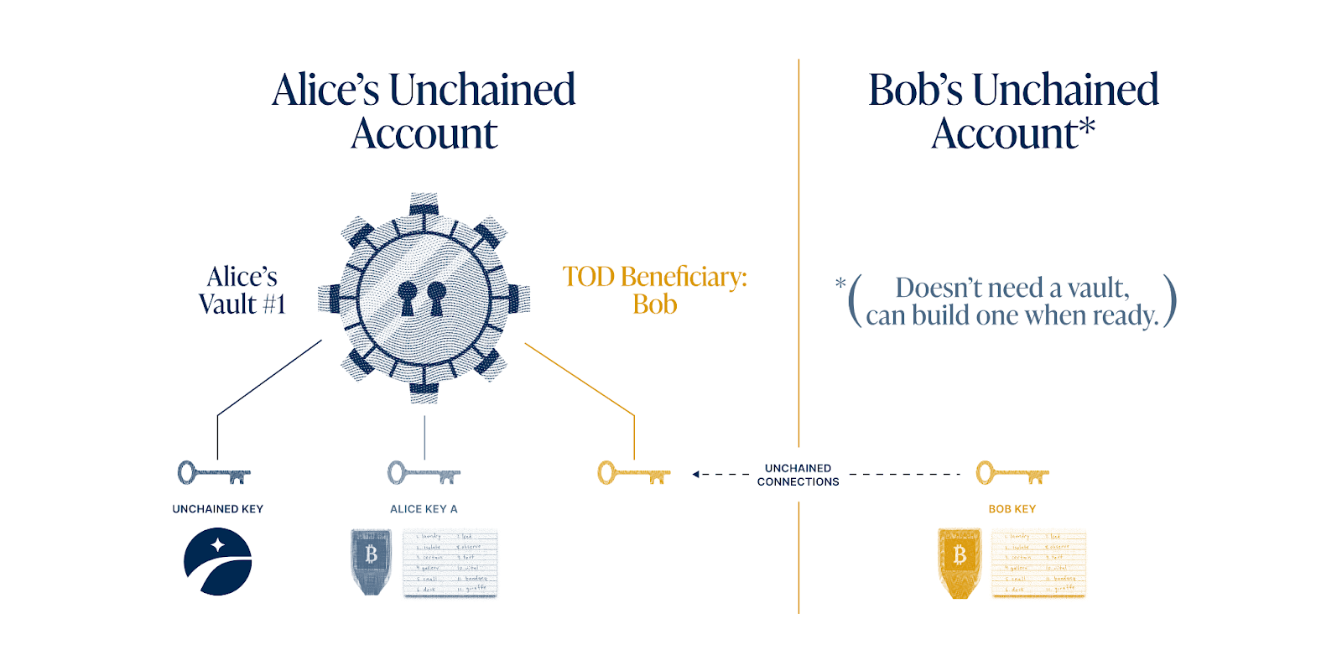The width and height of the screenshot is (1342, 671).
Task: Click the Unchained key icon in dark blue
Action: coord(214,473)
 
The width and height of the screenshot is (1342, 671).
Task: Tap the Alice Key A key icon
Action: coord(424,473)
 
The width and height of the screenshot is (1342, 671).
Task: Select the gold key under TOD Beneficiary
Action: coord(633,473)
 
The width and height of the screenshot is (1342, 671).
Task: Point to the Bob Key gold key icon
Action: coord(1012,473)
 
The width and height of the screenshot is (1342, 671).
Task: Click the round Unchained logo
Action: coord(218,561)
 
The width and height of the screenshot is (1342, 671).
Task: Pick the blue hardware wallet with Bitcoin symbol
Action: coord(371,561)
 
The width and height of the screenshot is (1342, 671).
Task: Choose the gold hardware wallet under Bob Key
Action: coord(959,562)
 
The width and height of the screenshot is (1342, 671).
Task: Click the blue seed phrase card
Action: coord(450,563)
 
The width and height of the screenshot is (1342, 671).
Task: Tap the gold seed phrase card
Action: coord(1038,563)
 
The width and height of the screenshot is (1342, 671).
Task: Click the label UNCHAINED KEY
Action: coord(218,509)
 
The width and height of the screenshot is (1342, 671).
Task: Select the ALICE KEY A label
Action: coord(424,509)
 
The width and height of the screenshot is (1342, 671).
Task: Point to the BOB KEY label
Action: coord(1012,509)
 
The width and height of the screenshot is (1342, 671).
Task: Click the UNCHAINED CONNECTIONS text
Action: coord(798,475)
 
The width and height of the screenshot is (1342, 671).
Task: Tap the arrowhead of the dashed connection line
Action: coord(695,475)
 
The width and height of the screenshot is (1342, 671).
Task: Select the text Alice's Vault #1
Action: coord(242,290)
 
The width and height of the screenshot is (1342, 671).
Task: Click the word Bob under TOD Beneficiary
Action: coord(655,304)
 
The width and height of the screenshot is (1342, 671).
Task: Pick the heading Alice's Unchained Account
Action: coord(424,112)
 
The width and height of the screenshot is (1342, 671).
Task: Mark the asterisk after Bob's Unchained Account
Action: coord(1087,126)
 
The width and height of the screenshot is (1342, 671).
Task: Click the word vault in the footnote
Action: coord(1098,289)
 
